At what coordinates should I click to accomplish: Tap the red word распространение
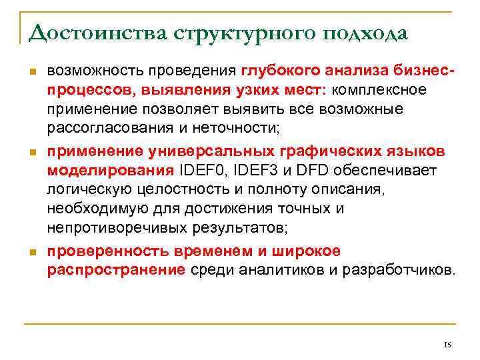click(117, 270)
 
